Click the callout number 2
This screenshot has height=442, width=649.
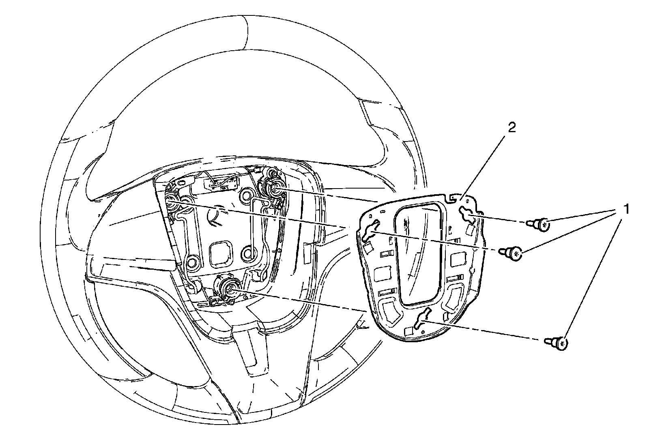512,128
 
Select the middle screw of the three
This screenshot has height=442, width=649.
512,254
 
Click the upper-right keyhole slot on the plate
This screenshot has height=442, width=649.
466,214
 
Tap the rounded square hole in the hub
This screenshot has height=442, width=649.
221,255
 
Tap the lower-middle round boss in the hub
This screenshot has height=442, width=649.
247,254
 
